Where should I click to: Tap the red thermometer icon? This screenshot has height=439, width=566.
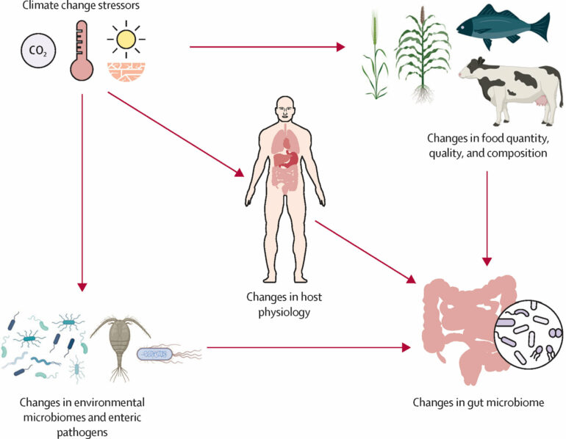[82, 51]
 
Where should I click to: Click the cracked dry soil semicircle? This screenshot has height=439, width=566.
[126, 70]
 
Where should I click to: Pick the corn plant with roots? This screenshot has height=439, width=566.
[423, 59]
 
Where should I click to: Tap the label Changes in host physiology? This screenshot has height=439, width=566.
[284, 304]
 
